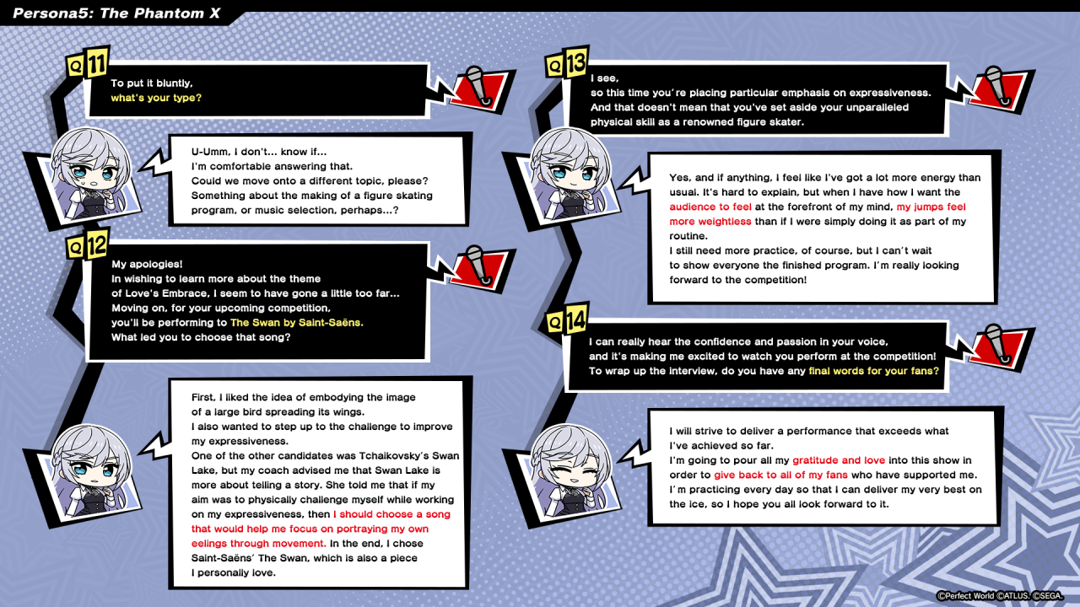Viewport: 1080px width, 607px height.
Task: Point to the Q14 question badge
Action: (566, 322)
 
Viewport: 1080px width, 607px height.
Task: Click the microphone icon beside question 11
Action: (478, 86)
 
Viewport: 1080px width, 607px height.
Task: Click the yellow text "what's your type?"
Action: (156, 98)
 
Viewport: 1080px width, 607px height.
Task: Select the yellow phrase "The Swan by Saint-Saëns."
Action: (296, 322)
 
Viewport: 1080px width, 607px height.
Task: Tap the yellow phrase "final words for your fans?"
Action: (873, 371)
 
